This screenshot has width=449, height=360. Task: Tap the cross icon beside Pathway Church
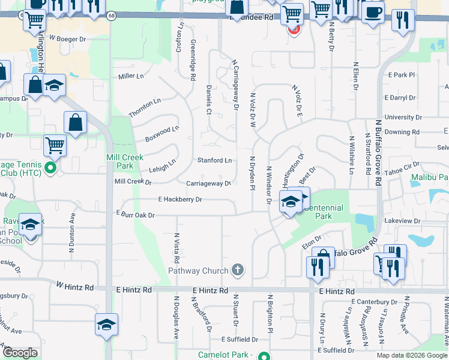pyautogui.click(x=238, y=270)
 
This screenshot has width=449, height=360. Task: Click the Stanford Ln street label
pyautogui.click(x=215, y=161)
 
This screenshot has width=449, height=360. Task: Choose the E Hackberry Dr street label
pyautogui.click(x=180, y=199)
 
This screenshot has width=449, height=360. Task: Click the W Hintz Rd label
pyautogui.click(x=75, y=288)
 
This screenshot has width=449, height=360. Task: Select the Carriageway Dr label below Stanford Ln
pyautogui.click(x=208, y=184)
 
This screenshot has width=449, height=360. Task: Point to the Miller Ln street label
pyautogui.click(x=131, y=76)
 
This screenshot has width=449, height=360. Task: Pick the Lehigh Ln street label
pyautogui.click(x=162, y=163)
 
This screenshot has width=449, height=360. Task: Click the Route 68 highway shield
pyautogui.click(x=112, y=17)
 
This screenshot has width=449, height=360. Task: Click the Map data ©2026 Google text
pyautogui.click(x=412, y=355)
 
